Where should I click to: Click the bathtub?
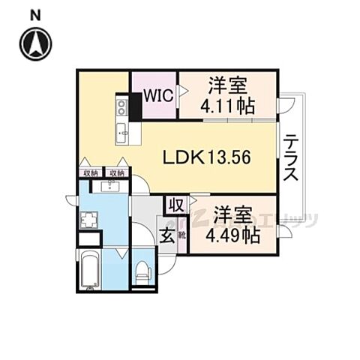90,271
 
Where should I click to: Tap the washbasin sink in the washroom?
114,186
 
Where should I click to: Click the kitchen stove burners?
121,109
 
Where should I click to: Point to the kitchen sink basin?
122,134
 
